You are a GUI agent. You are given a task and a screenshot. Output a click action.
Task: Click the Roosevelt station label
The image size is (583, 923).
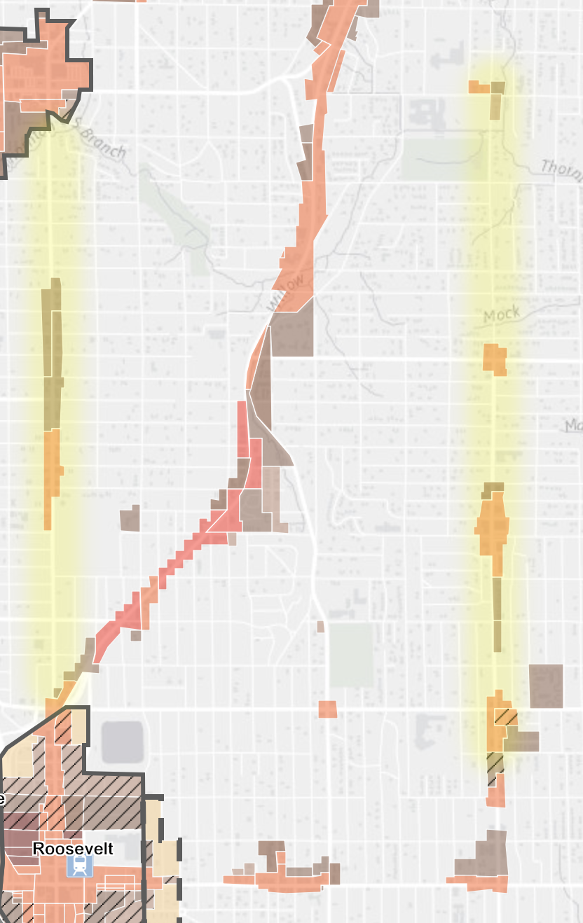pos(73,849)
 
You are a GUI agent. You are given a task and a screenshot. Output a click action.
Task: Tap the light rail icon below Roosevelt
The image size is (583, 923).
pos(76,868)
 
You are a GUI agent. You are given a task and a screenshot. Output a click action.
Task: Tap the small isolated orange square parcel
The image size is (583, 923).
pos(327,709)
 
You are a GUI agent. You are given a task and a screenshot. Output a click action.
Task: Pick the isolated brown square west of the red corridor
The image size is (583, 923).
pos(130,518)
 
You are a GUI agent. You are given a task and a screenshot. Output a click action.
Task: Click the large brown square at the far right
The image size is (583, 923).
pos(546,686)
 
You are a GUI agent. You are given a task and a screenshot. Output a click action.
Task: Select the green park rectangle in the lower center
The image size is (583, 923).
pos(352,655)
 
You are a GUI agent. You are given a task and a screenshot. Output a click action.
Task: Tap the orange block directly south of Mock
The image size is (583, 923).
pos(495,359)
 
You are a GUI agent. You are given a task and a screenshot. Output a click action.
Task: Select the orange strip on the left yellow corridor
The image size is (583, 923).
pos(51,476)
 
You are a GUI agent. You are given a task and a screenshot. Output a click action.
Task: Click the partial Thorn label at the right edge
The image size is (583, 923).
pos(562,168)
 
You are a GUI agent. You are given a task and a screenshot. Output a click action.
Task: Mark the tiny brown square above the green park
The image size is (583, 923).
pos(320,626)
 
